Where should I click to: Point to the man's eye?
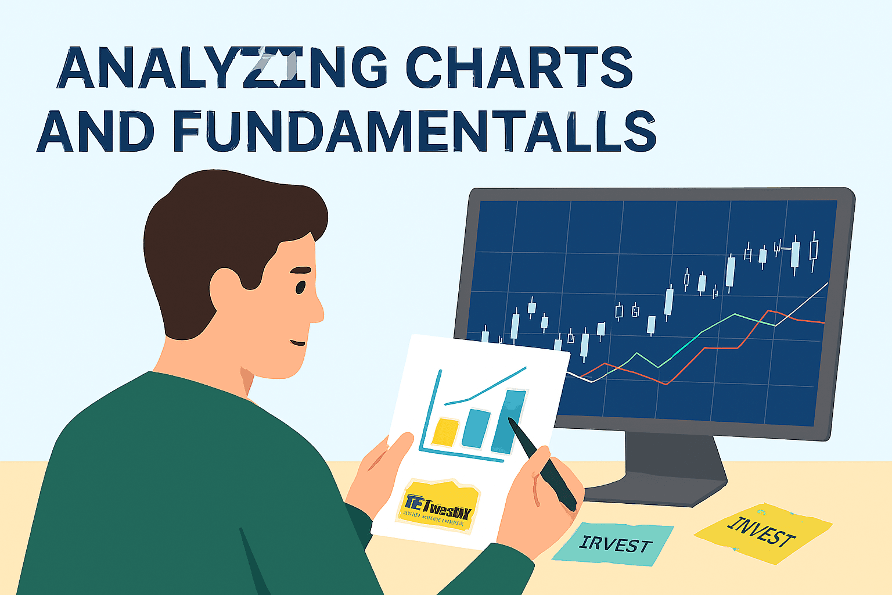click(300, 287)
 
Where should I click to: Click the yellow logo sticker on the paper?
click(440, 505)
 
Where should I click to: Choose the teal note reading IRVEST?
click(614, 543)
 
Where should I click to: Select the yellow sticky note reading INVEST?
click(762, 532)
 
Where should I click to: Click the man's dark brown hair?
click(221, 227)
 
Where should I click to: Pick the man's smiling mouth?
click(298, 342)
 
